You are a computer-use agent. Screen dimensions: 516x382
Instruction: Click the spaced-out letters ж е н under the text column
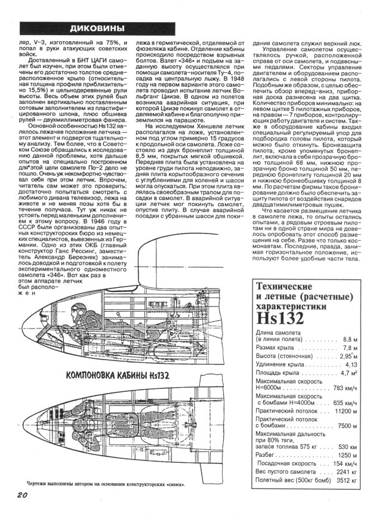coord(26,294)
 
